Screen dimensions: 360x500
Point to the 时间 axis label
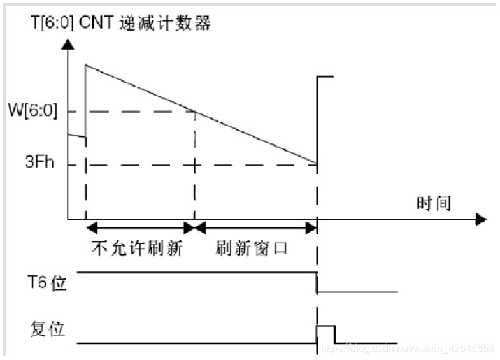tap(434, 204)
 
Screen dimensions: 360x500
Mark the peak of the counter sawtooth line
tap(85, 64)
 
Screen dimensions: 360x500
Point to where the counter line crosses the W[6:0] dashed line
tap(194, 112)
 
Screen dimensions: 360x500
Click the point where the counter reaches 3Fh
tap(317, 164)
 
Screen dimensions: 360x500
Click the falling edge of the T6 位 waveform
tap(317, 282)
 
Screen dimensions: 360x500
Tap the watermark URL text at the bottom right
tap(408, 348)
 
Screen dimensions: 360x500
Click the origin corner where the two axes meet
tap(67, 220)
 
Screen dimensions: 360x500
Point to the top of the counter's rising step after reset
tap(325, 76)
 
